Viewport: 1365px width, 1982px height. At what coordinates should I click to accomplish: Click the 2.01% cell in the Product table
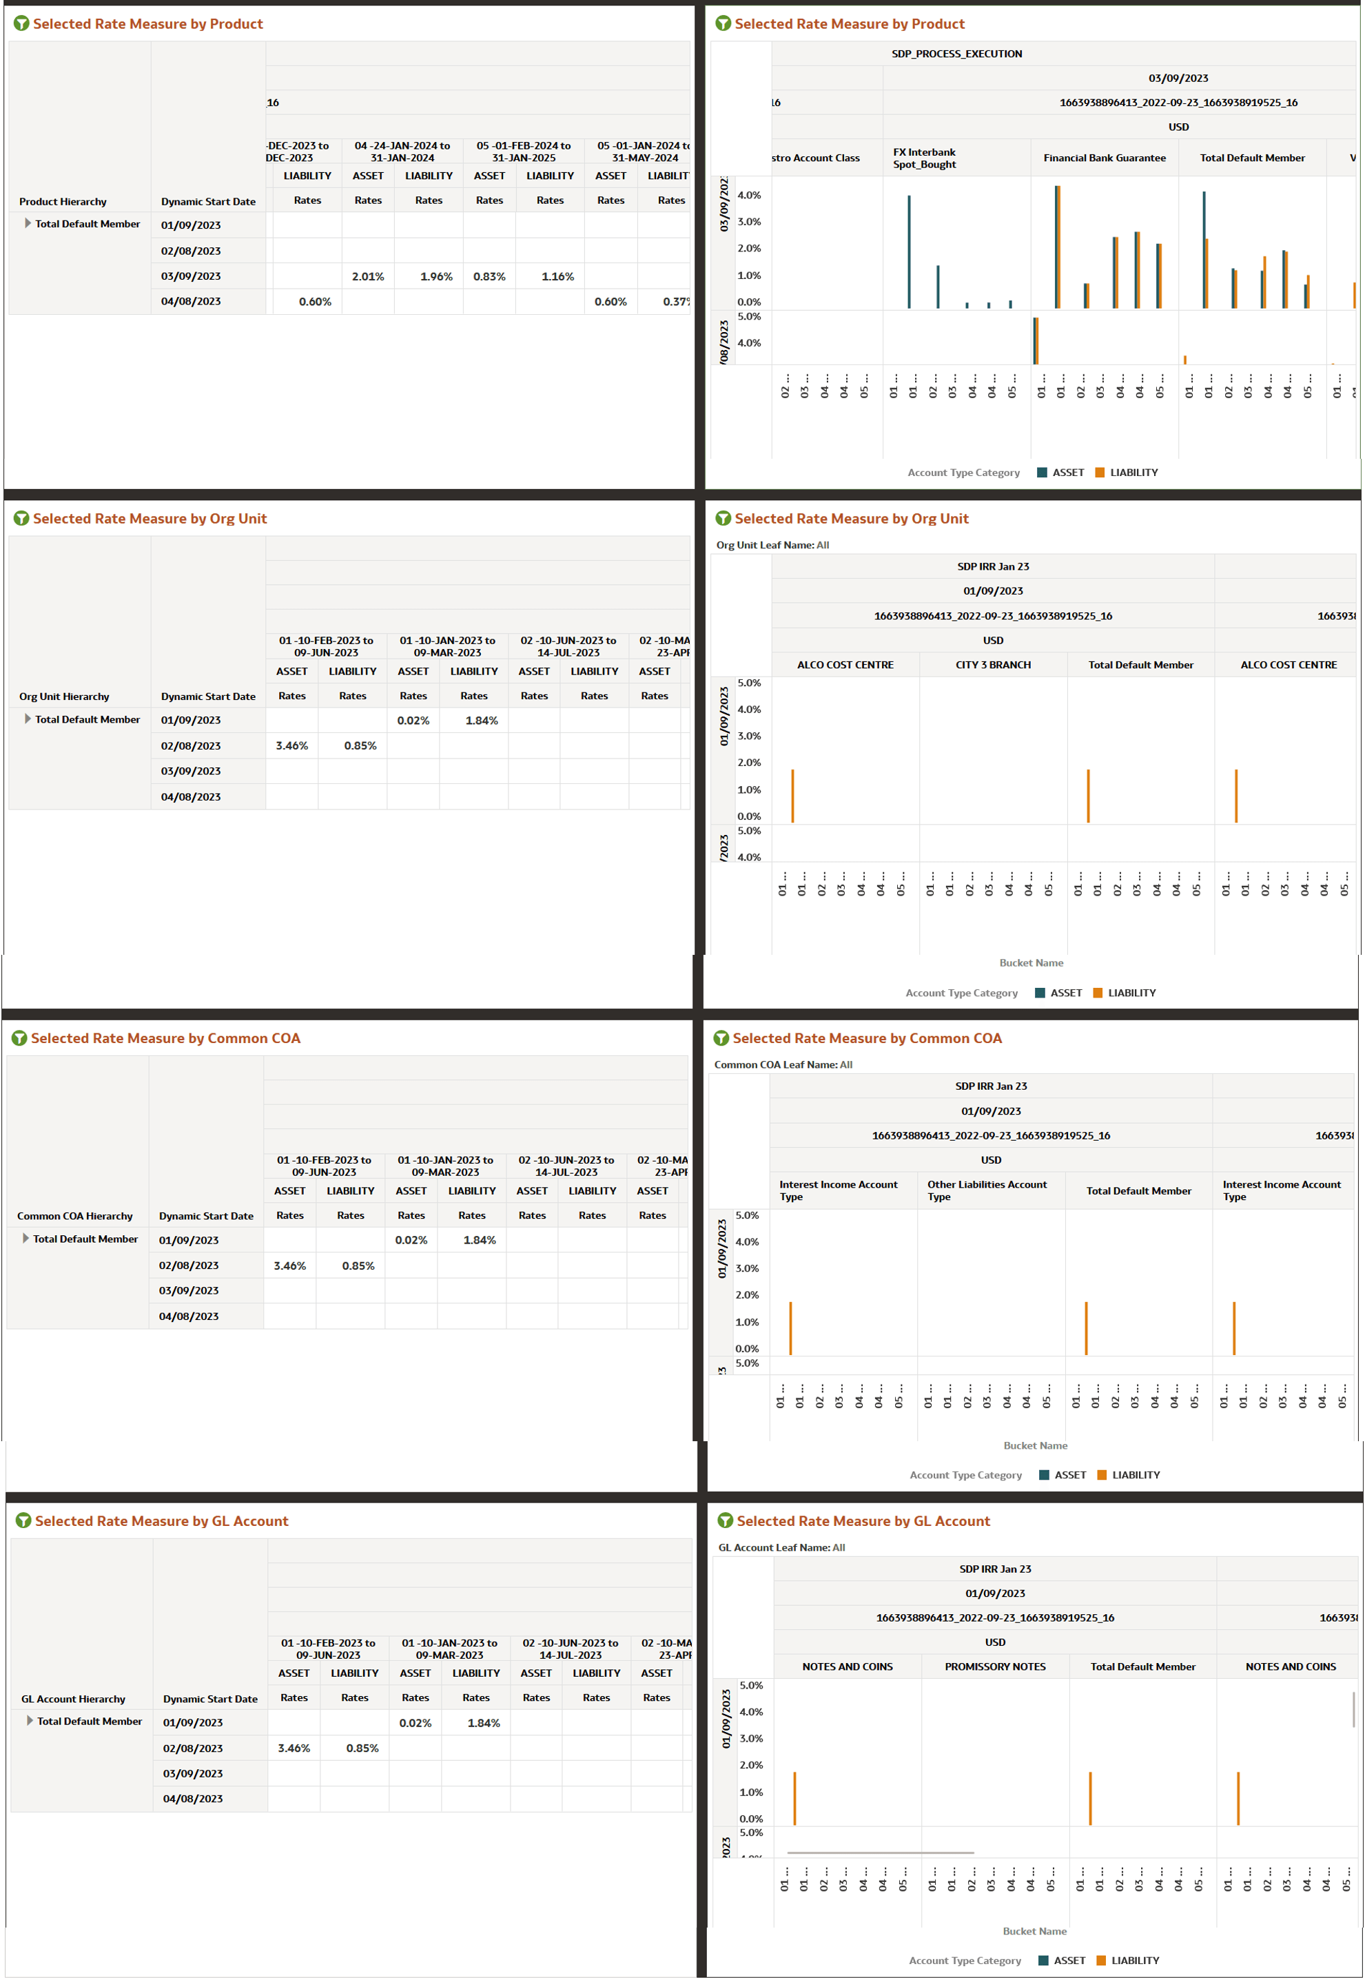click(368, 276)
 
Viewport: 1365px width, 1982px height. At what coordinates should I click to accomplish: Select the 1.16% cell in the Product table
click(557, 276)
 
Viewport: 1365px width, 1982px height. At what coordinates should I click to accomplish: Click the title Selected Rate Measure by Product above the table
click(148, 24)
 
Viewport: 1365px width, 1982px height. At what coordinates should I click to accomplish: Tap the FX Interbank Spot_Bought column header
click(924, 158)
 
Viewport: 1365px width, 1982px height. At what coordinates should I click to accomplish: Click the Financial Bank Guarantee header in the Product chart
click(1103, 158)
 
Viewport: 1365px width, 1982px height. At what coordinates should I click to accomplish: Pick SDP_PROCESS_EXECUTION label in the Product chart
click(956, 54)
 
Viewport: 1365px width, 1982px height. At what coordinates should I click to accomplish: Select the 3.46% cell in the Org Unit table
click(291, 745)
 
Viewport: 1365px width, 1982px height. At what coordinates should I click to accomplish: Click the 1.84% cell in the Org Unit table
click(482, 721)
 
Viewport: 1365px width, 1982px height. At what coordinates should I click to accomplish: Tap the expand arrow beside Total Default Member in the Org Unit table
click(28, 719)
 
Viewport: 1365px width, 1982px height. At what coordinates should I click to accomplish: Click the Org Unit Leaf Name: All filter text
click(772, 545)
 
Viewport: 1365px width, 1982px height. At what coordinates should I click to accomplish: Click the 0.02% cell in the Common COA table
click(411, 1240)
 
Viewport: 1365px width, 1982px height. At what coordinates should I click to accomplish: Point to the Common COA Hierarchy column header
click(74, 1216)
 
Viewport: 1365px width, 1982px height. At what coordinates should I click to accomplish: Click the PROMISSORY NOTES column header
click(995, 1666)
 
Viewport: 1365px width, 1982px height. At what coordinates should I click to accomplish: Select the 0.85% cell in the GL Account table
click(362, 1748)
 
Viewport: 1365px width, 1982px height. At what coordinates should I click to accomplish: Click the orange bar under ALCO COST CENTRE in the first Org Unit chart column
click(793, 796)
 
